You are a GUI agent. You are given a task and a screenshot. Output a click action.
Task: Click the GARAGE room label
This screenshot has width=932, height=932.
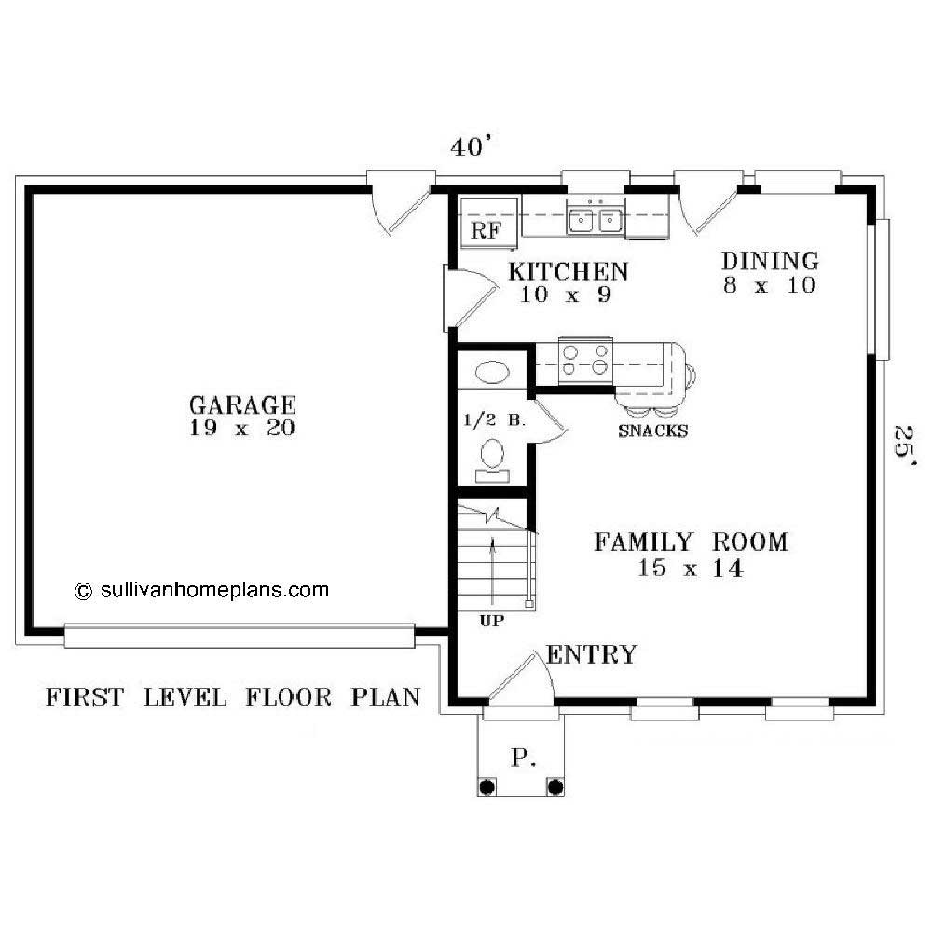click(x=242, y=405)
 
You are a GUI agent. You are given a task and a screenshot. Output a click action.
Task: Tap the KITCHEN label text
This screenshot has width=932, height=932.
click(x=568, y=271)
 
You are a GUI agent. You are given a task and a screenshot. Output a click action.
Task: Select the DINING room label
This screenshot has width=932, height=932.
click(x=770, y=261)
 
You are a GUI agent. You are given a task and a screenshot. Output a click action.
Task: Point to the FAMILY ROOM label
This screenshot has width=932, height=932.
click(x=691, y=541)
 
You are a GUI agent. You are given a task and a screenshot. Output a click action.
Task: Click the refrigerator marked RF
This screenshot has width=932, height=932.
click(x=486, y=230)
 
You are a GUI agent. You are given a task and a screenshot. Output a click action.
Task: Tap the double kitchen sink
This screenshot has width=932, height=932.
click(x=596, y=220)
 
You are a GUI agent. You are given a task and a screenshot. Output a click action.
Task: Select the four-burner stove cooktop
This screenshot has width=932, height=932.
click(x=585, y=360)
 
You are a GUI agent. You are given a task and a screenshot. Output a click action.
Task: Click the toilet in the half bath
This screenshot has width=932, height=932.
click(x=492, y=458)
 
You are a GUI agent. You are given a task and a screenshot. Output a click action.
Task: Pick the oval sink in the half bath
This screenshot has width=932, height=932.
click(x=492, y=373)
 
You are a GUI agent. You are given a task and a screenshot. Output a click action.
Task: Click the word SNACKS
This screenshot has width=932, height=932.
click(x=652, y=431)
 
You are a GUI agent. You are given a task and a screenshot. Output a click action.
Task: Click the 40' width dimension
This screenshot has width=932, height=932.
click(x=470, y=147)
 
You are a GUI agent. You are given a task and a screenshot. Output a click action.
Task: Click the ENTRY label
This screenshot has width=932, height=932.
click(x=592, y=654)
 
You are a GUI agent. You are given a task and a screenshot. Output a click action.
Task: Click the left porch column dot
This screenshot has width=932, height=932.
click(x=487, y=788)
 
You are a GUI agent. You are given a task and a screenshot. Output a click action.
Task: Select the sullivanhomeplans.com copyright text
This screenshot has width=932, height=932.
click(x=202, y=589)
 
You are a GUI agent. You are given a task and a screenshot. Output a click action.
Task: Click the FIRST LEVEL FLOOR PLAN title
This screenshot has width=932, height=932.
click(x=233, y=696)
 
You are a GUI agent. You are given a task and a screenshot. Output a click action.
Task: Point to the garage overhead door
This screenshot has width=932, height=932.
click(x=239, y=636)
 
